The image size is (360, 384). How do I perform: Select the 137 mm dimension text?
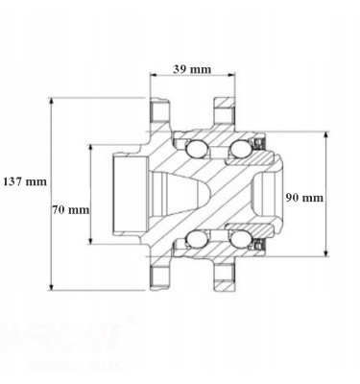pos(24,180)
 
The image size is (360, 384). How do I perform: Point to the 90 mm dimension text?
pos(304,197)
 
